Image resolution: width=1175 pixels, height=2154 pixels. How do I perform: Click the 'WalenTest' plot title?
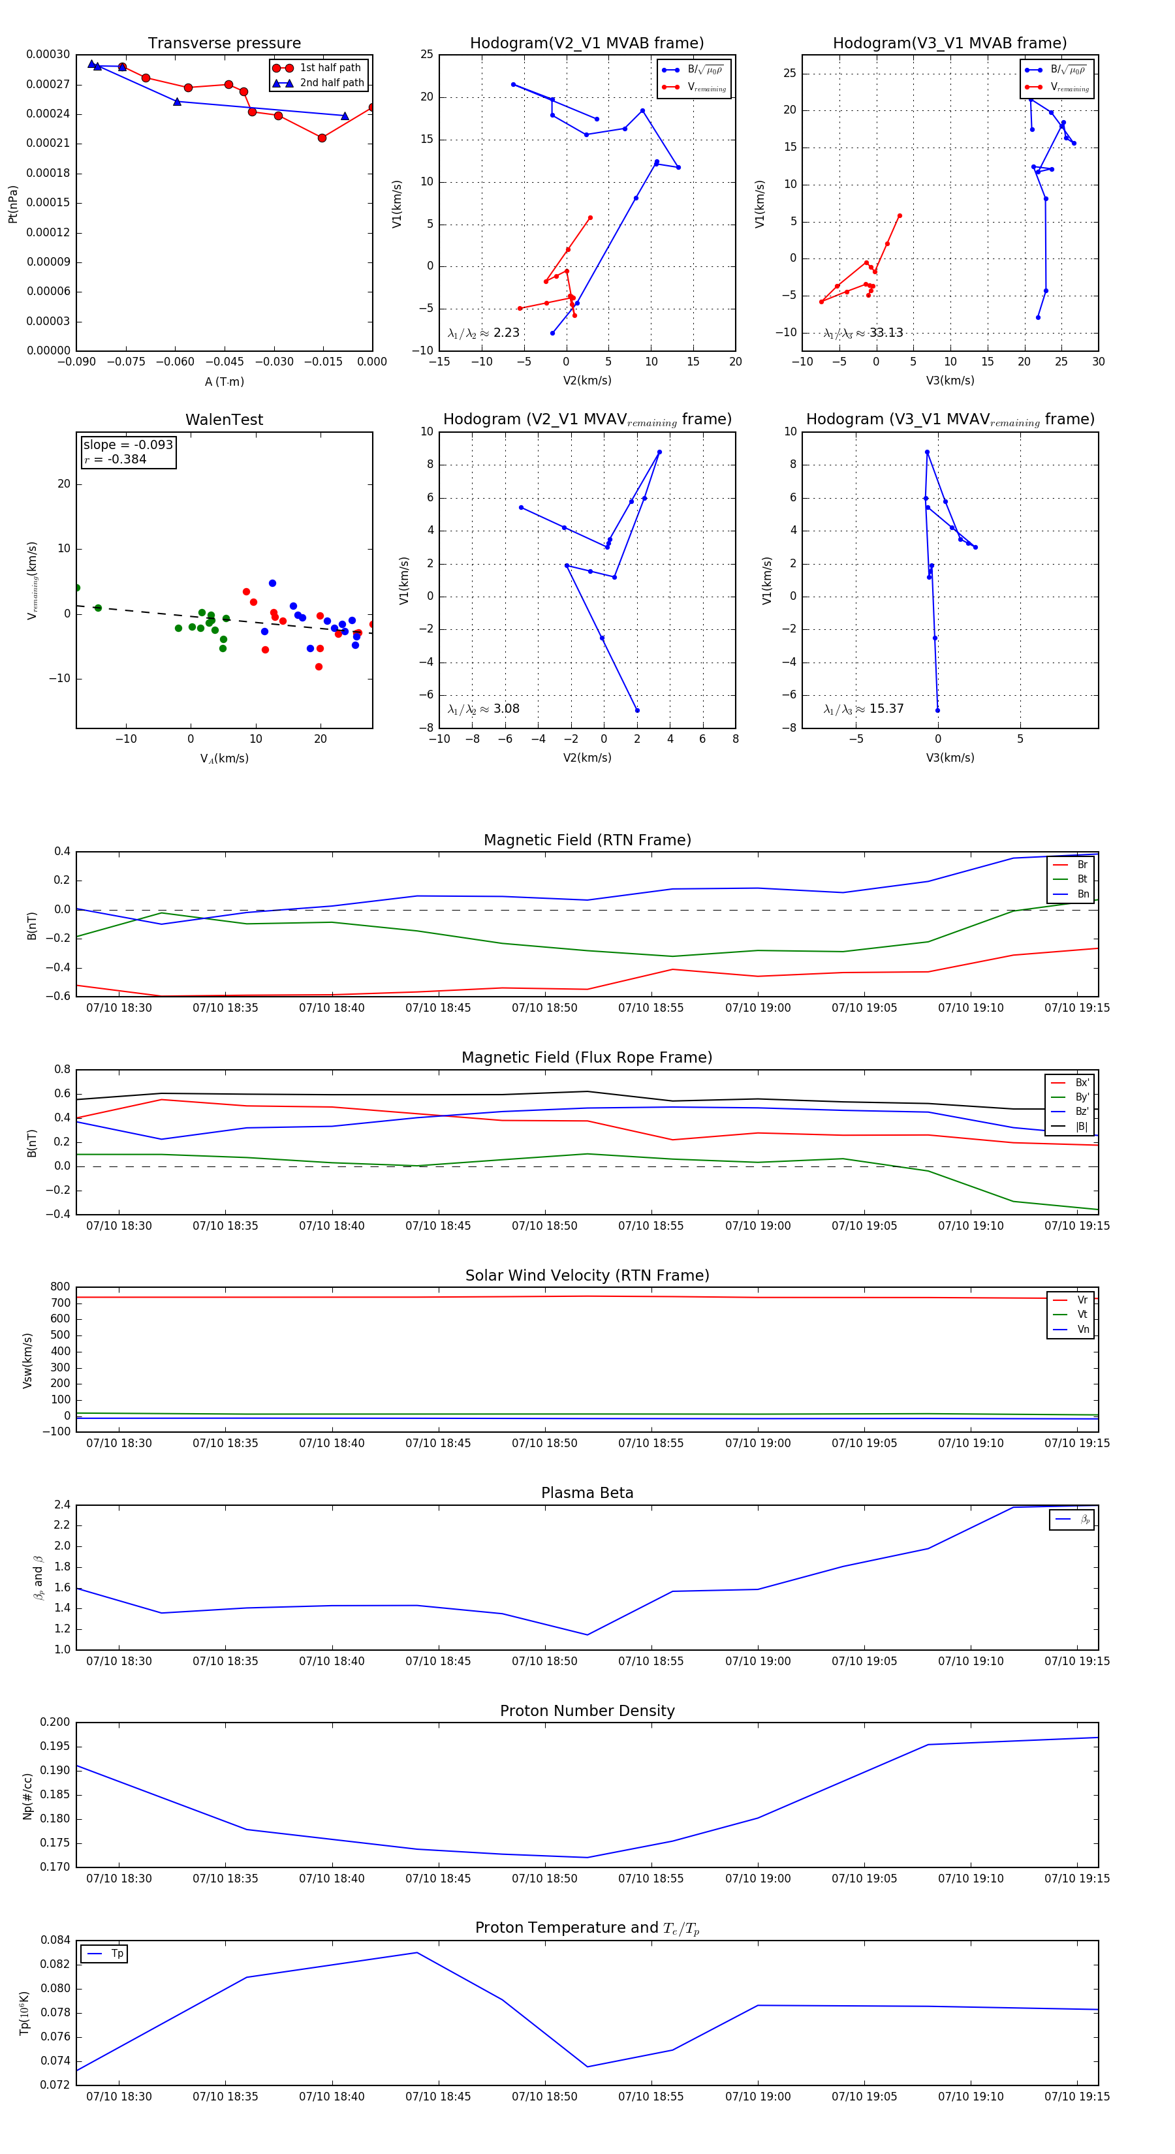click(224, 420)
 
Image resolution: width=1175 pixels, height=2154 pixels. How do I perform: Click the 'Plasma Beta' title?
click(587, 1493)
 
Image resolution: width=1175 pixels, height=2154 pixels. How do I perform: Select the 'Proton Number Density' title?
click(587, 1711)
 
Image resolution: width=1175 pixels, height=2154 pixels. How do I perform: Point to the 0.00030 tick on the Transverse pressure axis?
click(48, 54)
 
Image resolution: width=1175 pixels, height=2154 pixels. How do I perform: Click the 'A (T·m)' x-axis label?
click(224, 381)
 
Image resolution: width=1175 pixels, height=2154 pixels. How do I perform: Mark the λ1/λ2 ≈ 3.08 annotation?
click(483, 709)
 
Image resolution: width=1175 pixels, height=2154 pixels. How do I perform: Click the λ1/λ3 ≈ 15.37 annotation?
click(863, 709)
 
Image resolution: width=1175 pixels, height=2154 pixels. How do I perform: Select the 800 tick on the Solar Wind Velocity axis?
click(60, 1287)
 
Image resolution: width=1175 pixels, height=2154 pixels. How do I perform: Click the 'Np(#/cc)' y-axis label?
click(27, 1795)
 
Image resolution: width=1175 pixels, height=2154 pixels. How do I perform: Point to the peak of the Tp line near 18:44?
click(416, 1952)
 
